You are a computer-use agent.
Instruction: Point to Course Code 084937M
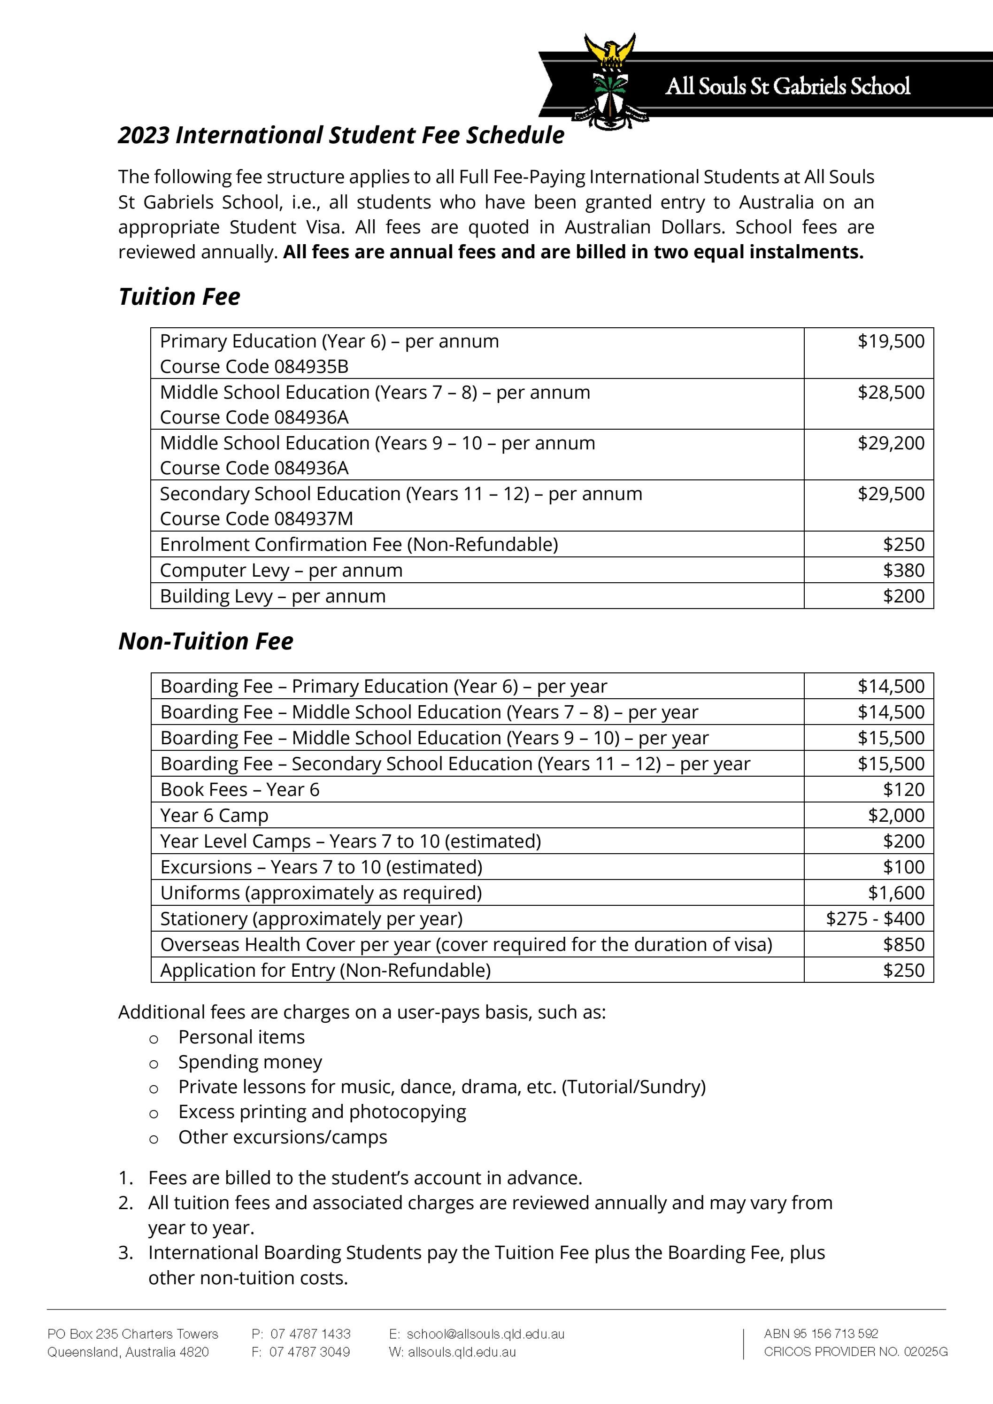coord(256,518)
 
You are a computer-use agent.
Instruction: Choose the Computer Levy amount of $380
coord(903,570)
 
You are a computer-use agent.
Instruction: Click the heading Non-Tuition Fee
coord(206,641)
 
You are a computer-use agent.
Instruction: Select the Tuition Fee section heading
coord(179,297)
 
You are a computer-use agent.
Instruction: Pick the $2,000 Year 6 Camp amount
coord(896,815)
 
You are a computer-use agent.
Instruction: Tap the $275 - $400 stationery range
coord(875,918)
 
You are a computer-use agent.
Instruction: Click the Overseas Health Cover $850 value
coord(903,944)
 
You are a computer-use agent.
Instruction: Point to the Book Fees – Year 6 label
coord(240,789)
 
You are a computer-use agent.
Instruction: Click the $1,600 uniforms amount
coord(896,893)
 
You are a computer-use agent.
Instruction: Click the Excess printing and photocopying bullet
coord(322,1112)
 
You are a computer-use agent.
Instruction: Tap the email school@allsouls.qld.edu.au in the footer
coord(485,1334)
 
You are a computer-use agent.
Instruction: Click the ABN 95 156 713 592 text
coord(821,1333)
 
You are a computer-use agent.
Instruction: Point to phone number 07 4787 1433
coord(310,1334)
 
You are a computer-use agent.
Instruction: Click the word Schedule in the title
coord(515,135)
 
